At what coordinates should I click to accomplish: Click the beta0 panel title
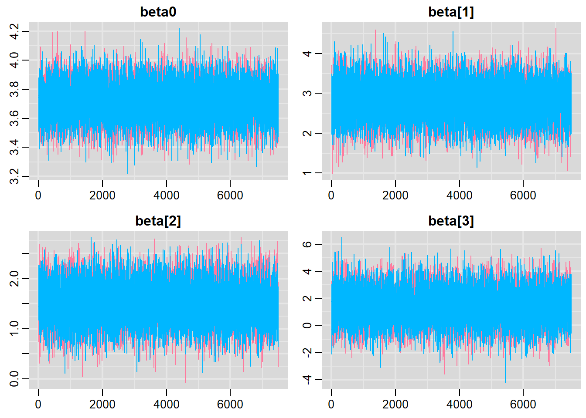point(158,12)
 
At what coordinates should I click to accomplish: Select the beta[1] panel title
point(451,12)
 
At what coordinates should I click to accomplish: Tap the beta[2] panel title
point(158,221)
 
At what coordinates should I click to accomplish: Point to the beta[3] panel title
point(451,221)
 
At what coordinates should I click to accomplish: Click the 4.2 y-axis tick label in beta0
point(14,31)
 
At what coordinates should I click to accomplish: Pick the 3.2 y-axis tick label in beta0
point(14,176)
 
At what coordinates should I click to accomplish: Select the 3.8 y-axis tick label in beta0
point(14,89)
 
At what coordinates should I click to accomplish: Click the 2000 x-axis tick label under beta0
point(102,196)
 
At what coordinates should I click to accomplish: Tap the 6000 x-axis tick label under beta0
point(230,196)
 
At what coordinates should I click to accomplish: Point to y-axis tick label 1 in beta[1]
point(307,173)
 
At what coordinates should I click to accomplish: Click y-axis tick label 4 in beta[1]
point(307,54)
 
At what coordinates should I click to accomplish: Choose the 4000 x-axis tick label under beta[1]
point(459,196)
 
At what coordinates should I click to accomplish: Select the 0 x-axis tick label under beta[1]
point(331,196)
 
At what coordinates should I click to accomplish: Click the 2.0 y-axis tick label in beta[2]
point(14,279)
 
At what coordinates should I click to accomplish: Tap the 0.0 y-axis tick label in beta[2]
point(14,379)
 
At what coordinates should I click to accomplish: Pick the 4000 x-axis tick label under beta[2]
point(166,405)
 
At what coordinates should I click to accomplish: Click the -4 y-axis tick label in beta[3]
point(307,380)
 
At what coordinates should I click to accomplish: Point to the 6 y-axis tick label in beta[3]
point(307,244)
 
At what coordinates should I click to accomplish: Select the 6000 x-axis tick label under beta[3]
point(523,405)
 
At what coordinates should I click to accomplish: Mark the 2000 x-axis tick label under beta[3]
point(395,405)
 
